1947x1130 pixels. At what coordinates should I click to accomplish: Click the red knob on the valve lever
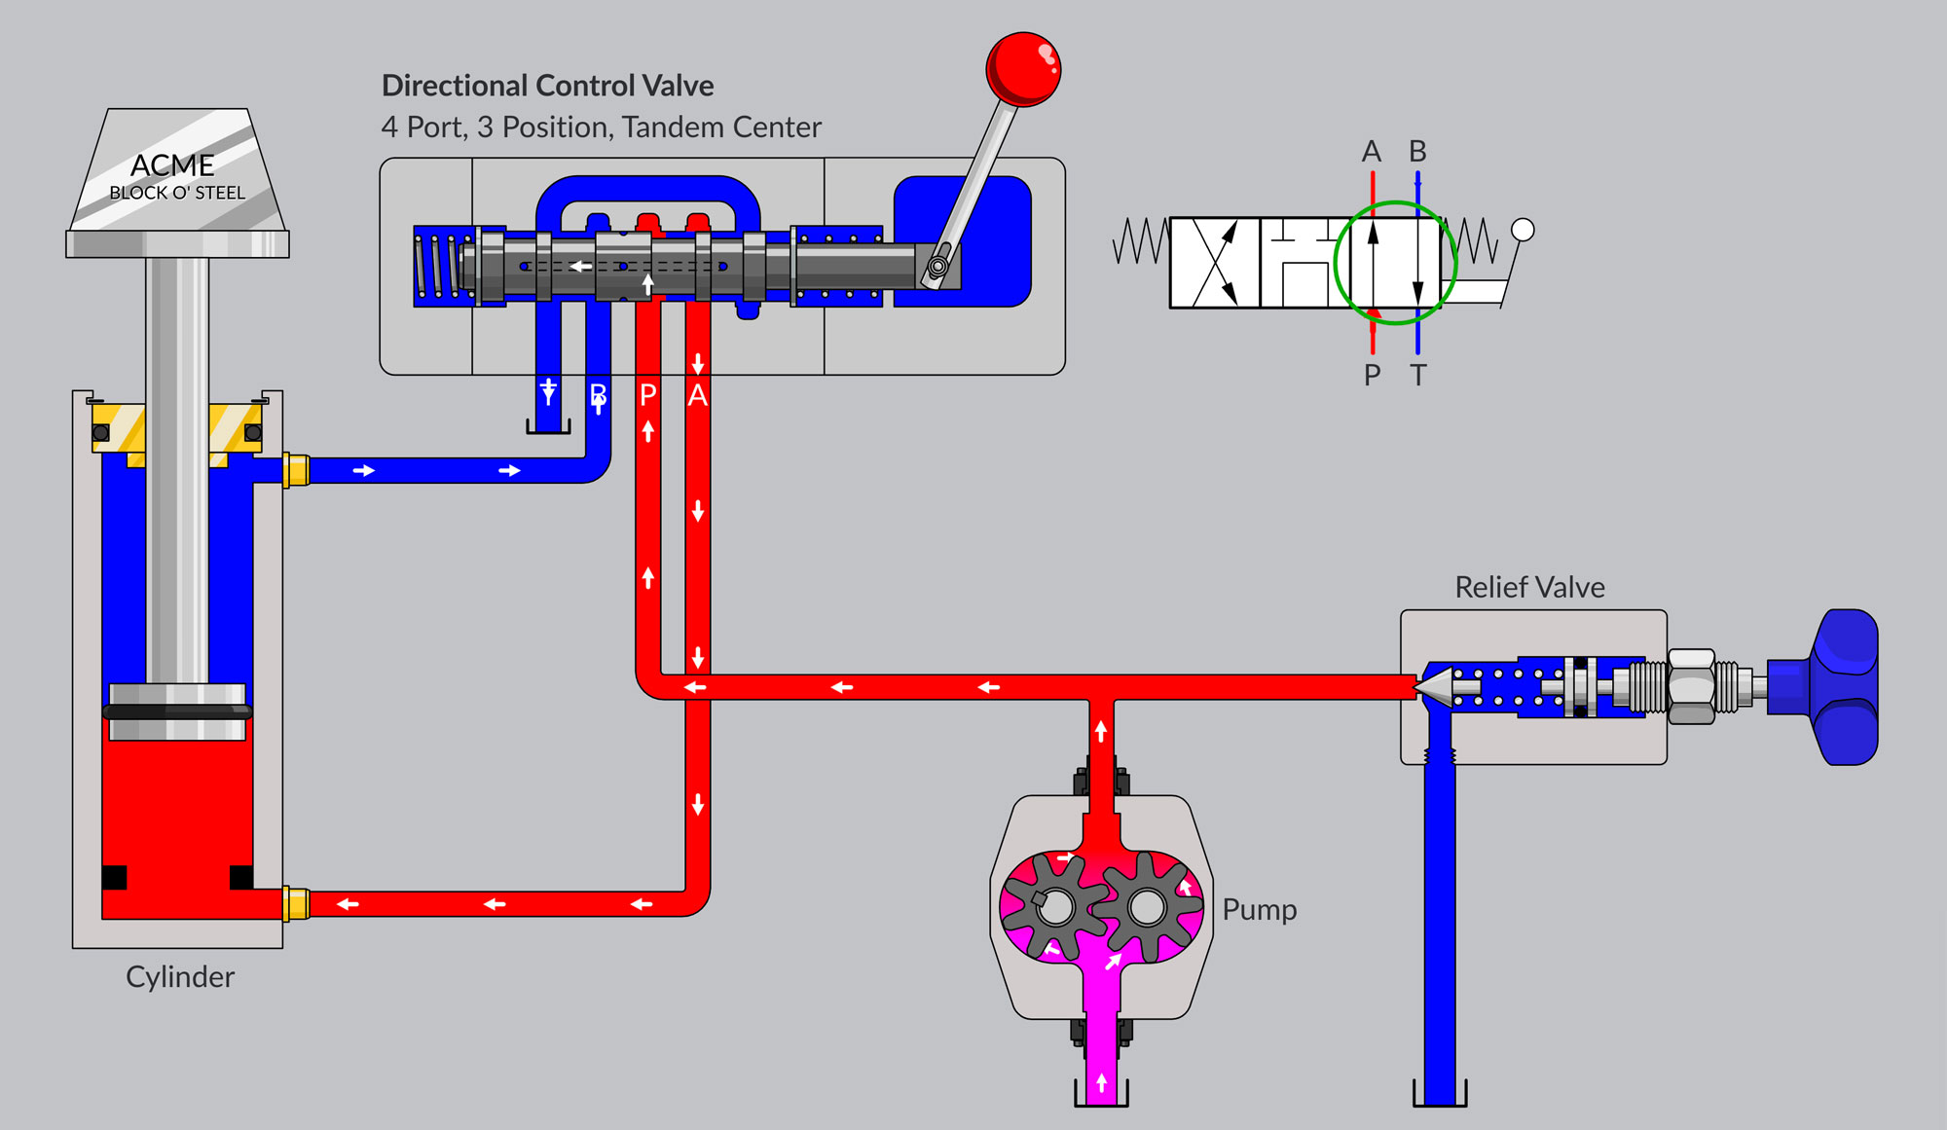1022,68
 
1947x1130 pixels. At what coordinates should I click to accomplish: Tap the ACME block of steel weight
176,175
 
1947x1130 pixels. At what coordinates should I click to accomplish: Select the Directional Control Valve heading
547,86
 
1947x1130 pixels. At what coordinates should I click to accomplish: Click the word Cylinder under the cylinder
180,976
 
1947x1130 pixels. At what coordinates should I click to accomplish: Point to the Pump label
1259,909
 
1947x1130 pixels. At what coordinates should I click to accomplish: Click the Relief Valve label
1529,587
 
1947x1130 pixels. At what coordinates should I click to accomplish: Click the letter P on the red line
648,395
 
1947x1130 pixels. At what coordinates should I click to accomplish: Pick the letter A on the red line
698,395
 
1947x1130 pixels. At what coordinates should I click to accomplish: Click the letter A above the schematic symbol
1372,152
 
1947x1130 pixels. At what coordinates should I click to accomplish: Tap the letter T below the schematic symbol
1417,375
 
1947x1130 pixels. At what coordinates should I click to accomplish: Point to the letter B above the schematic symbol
1417,152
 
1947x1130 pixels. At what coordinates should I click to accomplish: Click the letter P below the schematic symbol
1372,375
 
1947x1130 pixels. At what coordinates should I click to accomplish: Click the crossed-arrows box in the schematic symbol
1215,263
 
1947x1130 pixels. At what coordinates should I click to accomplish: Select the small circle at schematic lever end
1523,230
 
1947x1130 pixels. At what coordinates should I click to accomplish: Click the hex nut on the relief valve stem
1691,687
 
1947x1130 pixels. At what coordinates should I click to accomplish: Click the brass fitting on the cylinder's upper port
296,470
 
